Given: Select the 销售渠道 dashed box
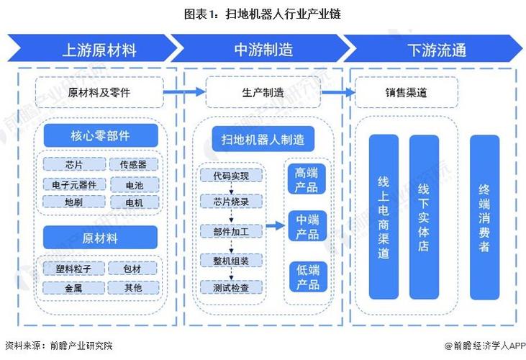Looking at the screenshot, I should tap(407, 92).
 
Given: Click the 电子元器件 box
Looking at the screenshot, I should tap(74, 184).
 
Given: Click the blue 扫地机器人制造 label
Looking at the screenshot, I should tap(263, 140).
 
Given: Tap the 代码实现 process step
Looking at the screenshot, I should tap(231, 174).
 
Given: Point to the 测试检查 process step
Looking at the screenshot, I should tap(231, 287).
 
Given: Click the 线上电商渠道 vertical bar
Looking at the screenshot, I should tap(384, 216).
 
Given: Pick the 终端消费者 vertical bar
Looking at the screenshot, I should tap(484, 216).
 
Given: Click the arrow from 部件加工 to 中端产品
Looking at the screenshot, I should tap(274, 226).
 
